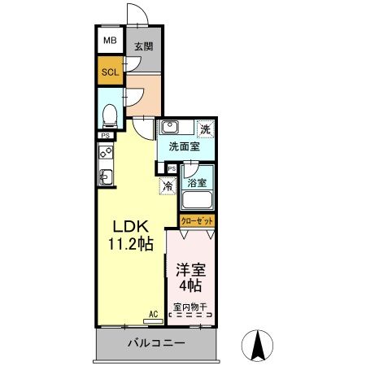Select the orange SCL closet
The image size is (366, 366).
[109, 72]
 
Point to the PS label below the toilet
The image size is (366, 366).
[105, 136]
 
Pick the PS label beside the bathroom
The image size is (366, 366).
[171, 168]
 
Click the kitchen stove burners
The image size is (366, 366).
[105, 151]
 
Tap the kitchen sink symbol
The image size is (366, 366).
[105, 176]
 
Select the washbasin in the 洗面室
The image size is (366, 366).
[171, 127]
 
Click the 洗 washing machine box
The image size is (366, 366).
[206, 129]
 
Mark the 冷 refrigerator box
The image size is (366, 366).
[168, 187]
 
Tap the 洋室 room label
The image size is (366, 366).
[189, 269]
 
